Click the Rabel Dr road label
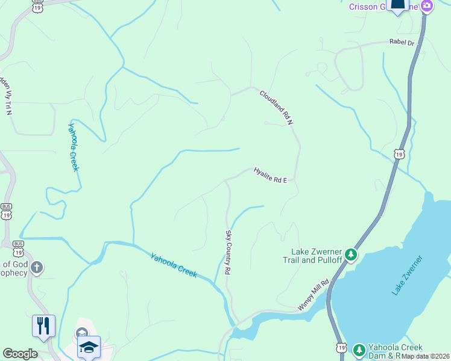tap(403, 43)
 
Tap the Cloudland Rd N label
tap(276, 107)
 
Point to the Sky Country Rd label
tap(229, 253)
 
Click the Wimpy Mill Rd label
tap(314, 295)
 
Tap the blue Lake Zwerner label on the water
tap(407, 275)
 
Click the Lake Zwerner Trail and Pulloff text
tap(317, 256)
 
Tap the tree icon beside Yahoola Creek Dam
tap(359, 349)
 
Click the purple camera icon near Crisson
tap(427, 7)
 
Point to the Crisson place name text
tap(364, 7)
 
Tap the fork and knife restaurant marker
tap(43, 326)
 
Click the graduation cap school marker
tap(89, 347)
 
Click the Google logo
tap(20, 354)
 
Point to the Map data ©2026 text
tap(426, 356)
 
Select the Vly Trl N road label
tap(7, 96)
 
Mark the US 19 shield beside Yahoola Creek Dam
tap(341, 348)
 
